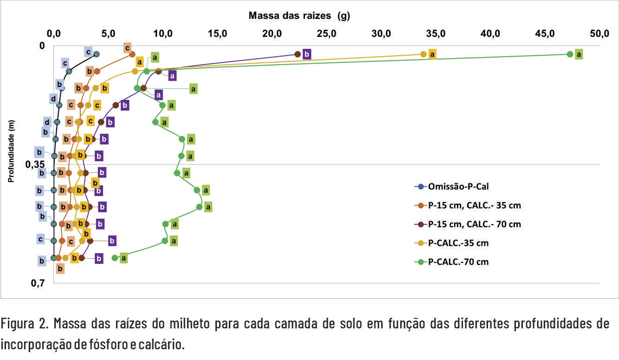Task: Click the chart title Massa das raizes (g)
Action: (299, 16)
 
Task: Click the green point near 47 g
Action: (570, 54)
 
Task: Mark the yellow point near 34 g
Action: (423, 54)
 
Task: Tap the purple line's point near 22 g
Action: (298, 54)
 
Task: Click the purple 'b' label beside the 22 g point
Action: (306, 54)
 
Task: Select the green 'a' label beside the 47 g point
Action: (579, 54)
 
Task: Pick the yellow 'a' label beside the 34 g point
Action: (432, 54)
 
